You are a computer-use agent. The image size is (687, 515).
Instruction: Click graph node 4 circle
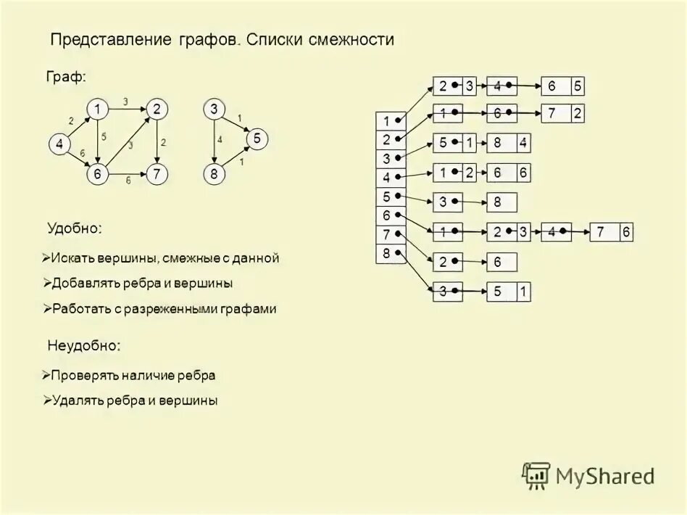[x=59, y=144]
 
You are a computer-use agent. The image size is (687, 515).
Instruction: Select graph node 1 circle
[x=96, y=110]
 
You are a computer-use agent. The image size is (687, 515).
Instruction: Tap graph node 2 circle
[x=157, y=110]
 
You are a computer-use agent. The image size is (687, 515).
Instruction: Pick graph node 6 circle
[x=96, y=173]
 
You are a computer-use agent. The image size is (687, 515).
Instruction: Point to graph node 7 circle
[x=157, y=173]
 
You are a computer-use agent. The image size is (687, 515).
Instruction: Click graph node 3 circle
[x=213, y=110]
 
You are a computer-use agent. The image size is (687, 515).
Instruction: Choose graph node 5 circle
[x=256, y=137]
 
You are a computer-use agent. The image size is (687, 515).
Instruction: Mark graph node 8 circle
[x=213, y=173]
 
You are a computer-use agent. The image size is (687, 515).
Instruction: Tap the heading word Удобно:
[x=75, y=228]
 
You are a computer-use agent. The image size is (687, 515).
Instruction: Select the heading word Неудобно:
[x=83, y=345]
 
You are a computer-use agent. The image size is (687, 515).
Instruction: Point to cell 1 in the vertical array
[x=387, y=121]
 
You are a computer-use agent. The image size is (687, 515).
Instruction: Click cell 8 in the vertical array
[x=387, y=253]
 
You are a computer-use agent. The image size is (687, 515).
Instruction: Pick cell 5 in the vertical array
[x=387, y=197]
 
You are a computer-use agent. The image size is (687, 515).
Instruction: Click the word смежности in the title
[x=350, y=40]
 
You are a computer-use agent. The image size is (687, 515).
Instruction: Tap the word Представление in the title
[x=110, y=40]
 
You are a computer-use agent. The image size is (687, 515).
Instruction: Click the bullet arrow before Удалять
[x=45, y=400]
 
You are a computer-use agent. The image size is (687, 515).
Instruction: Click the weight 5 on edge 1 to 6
[x=104, y=136]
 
